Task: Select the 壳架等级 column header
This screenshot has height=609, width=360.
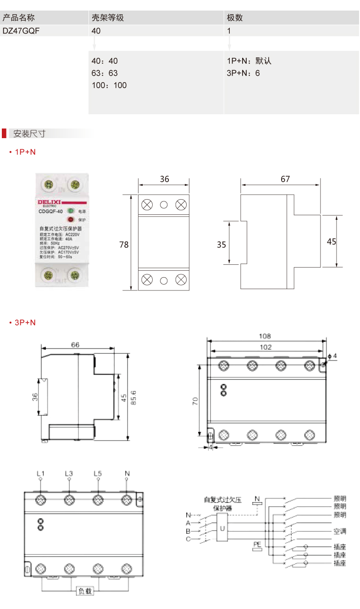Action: (108, 18)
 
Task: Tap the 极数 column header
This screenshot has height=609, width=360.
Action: (235, 18)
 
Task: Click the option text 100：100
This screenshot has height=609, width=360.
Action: (109, 85)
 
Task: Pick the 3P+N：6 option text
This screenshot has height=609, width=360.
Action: (243, 73)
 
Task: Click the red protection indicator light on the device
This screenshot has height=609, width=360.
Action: (71, 219)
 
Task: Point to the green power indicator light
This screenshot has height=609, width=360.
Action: (71, 212)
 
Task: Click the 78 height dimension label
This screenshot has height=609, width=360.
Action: (124, 245)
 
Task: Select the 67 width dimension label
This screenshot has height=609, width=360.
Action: (285, 179)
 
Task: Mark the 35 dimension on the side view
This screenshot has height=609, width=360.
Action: (222, 245)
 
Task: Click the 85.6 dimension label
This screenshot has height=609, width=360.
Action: (134, 397)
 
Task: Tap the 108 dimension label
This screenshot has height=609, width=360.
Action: (265, 336)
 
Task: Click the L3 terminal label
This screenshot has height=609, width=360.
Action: (69, 473)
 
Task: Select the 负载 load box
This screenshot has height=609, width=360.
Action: (85, 592)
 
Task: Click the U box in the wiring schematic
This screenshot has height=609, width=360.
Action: (222, 528)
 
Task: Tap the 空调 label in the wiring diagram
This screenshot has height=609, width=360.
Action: (340, 531)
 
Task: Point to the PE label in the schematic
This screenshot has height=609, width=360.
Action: (257, 544)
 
